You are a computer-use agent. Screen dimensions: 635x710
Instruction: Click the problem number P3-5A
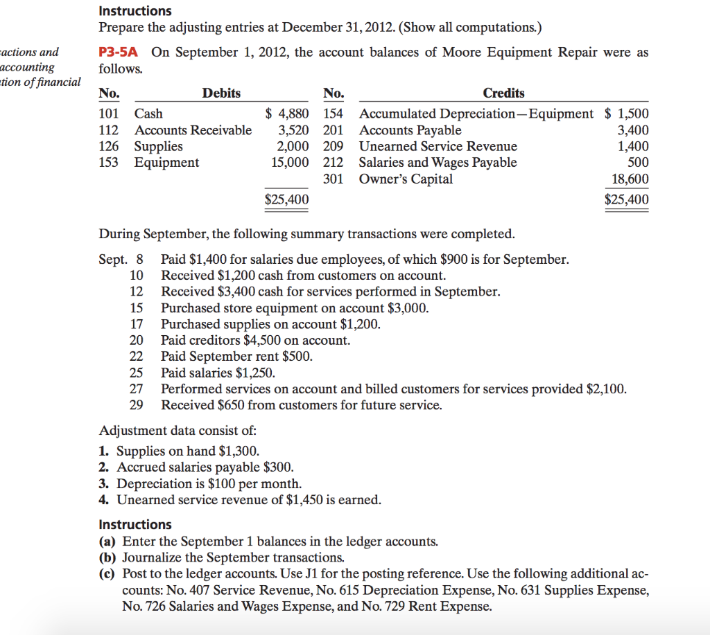pos(121,53)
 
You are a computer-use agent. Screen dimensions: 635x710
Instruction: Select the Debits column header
pos(221,93)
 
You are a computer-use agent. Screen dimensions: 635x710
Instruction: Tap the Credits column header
pos(503,93)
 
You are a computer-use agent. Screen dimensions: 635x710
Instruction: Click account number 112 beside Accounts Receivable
pos(109,130)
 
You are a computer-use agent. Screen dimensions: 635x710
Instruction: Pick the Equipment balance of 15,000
pos(290,163)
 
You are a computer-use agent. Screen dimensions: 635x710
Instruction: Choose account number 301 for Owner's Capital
pos(334,179)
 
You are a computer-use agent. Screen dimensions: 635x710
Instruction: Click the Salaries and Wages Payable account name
pos(438,163)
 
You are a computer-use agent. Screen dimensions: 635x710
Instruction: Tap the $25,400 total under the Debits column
pos(287,200)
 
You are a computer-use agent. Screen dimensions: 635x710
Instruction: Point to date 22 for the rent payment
pos(137,357)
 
